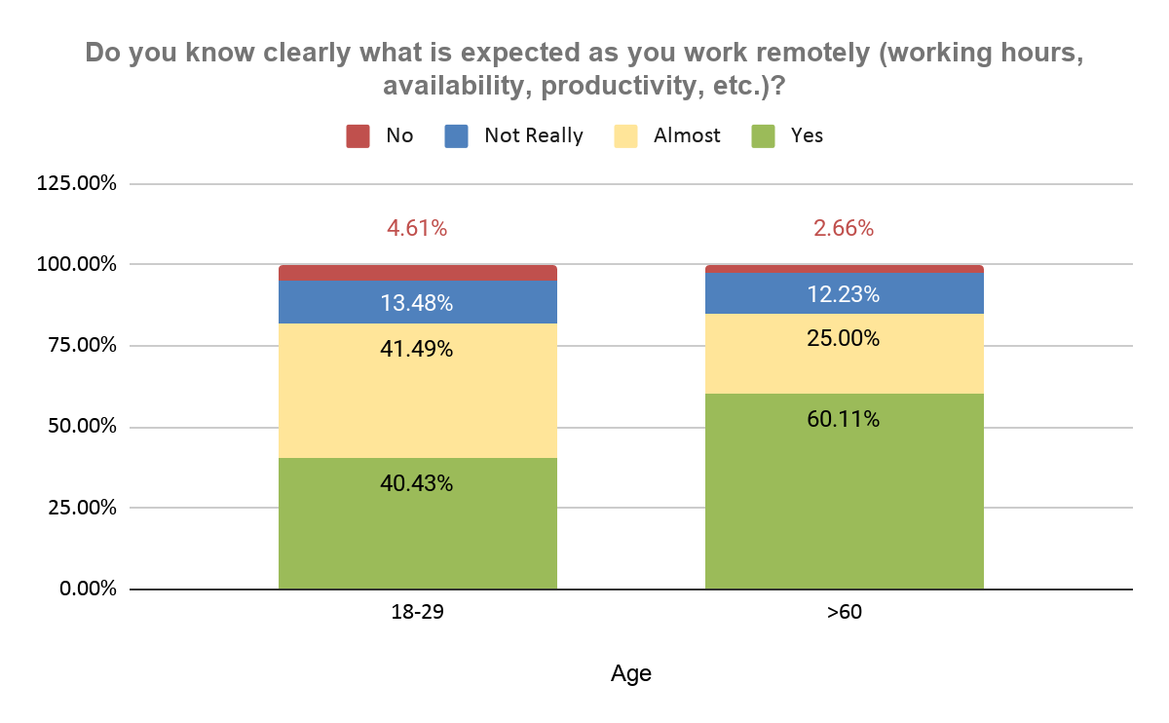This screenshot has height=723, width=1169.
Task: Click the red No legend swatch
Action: [358, 135]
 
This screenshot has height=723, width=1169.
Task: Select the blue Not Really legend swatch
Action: [456, 135]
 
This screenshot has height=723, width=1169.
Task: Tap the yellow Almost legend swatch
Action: [625, 135]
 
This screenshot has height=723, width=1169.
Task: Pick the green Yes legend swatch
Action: [763, 135]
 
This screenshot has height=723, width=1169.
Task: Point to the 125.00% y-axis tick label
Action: [76, 183]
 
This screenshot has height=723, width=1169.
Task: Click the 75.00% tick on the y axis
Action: [82, 345]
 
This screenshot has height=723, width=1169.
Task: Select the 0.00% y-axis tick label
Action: [88, 589]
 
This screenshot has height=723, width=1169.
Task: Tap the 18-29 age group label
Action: [418, 612]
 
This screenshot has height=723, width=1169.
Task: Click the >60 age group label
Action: [845, 612]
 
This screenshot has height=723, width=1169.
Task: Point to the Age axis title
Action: [631, 674]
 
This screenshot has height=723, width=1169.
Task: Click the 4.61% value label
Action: [417, 228]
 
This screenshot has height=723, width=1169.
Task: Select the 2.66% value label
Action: [844, 228]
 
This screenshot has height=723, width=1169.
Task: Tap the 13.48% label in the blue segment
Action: [417, 303]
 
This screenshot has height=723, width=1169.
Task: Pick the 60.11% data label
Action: [844, 419]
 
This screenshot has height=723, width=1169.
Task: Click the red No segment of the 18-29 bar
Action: [418, 273]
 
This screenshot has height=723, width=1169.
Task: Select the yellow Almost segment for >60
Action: [845, 354]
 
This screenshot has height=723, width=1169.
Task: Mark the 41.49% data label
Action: [417, 349]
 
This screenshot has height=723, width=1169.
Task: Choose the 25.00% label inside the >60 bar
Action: [844, 338]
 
